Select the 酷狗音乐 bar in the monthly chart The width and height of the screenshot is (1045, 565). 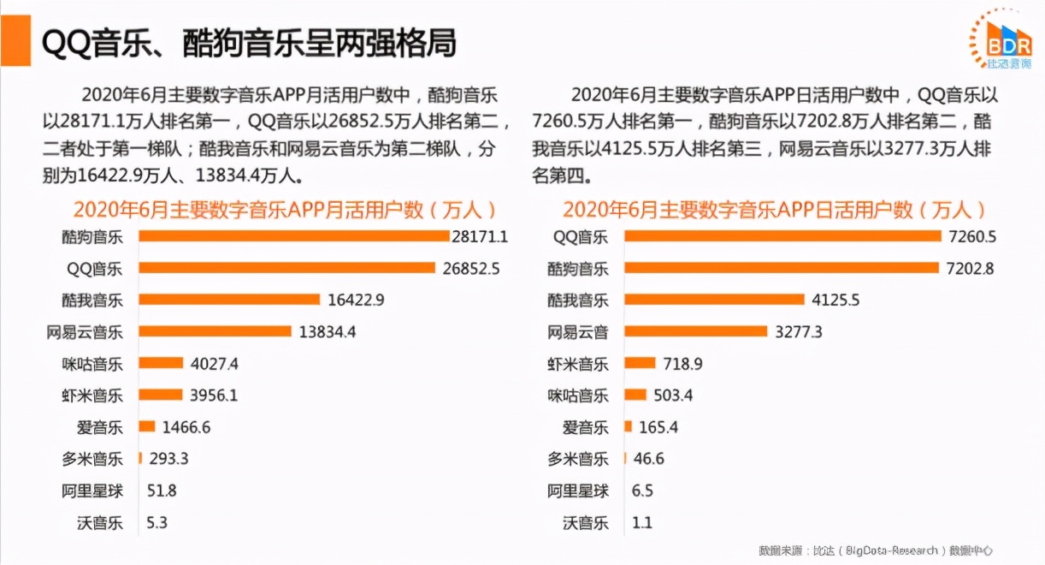(293, 235)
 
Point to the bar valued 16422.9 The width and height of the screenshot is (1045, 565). (228, 300)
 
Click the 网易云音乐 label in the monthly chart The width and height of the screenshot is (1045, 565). (85, 331)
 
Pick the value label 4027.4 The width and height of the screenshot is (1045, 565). (215, 364)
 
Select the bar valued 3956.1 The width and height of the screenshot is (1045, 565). (161, 395)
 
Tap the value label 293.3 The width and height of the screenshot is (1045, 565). (168, 459)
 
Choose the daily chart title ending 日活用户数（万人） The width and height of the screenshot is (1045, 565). (774, 210)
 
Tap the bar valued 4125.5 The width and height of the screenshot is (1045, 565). (714, 300)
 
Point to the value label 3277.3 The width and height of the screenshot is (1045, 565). (799, 331)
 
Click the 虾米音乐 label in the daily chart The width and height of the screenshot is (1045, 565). (578, 364)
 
